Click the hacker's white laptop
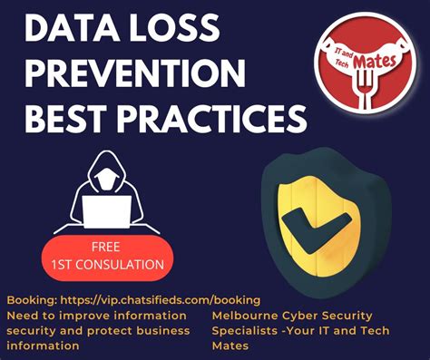point(105,210)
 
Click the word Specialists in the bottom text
point(249,330)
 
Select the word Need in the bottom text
point(23,315)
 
